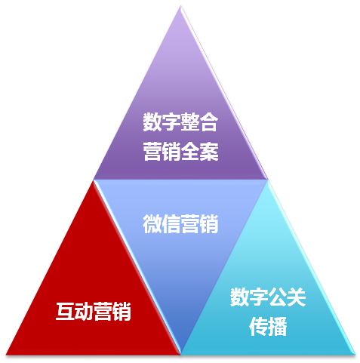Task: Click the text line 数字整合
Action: pyautogui.click(x=180, y=122)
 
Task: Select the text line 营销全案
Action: pyautogui.click(x=180, y=152)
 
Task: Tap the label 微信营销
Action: pyautogui.click(x=180, y=224)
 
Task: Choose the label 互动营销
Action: pyautogui.click(x=93, y=311)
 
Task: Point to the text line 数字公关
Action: pyautogui.click(x=268, y=297)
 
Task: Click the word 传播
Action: pyautogui.click(x=268, y=326)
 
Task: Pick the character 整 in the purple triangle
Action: pyautogui.click(x=189, y=122)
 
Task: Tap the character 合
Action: pyautogui.click(x=208, y=122)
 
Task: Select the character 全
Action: pyautogui.click(x=190, y=152)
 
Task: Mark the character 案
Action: pyautogui.click(x=209, y=152)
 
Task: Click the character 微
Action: pyautogui.click(x=152, y=224)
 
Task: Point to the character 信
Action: pyautogui.click(x=171, y=224)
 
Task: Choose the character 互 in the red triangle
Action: pyautogui.click(x=65, y=311)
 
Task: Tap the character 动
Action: pyautogui.click(x=84, y=311)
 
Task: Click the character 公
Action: pyautogui.click(x=277, y=297)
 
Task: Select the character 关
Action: pyautogui.click(x=296, y=297)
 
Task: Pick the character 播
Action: pyautogui.click(x=278, y=326)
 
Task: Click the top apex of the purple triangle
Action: pyautogui.click(x=180, y=5)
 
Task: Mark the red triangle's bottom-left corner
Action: pyautogui.click(x=6, y=355)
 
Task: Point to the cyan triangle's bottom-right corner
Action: pyautogui.click(x=355, y=355)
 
